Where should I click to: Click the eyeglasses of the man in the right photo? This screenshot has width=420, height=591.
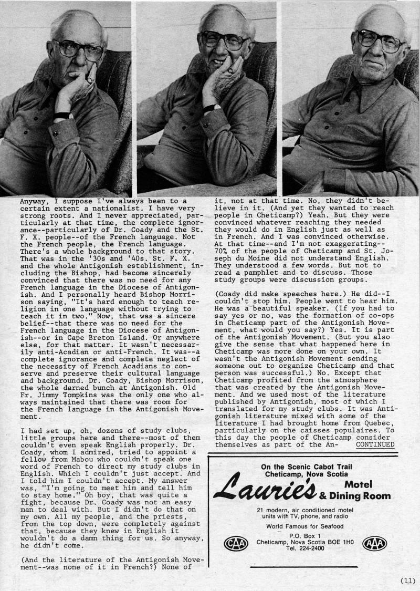(x=380, y=40)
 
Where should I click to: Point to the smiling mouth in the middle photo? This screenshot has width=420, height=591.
(x=217, y=61)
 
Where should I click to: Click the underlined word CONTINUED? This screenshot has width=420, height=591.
(x=375, y=444)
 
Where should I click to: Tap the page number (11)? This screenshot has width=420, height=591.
(x=407, y=580)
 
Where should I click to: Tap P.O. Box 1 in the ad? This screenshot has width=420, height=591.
(x=302, y=536)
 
